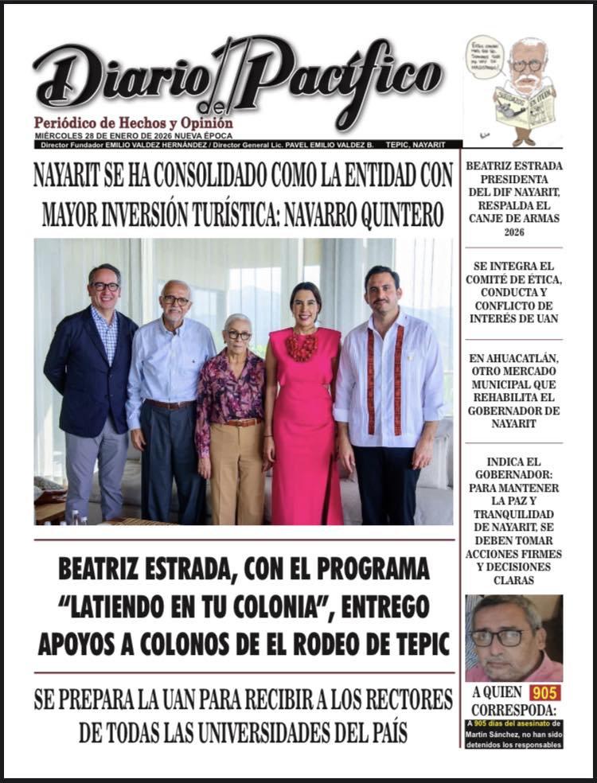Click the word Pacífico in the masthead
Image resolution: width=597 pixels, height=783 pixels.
(x=342, y=76)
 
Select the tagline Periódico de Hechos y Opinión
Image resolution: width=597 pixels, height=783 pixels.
(x=134, y=123)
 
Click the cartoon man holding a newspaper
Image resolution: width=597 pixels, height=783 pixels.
(x=525, y=88)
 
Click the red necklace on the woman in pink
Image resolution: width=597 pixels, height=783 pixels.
(x=302, y=346)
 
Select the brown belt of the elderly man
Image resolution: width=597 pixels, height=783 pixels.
(x=170, y=404)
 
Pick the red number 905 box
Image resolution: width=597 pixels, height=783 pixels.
(x=545, y=692)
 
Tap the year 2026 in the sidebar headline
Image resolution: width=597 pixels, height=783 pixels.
(x=513, y=232)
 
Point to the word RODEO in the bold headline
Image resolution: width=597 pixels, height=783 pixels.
(x=307, y=641)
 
